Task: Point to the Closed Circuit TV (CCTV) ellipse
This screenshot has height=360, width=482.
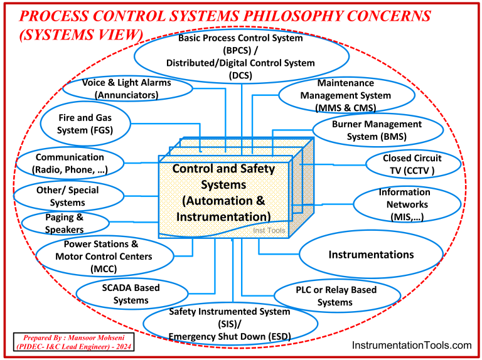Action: click(x=412, y=164)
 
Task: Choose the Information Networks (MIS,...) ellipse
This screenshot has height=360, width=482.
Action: click(x=404, y=204)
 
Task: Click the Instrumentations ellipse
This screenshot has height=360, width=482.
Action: click(x=371, y=255)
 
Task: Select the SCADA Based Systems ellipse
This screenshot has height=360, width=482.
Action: click(x=131, y=294)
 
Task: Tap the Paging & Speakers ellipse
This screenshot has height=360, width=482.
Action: click(x=64, y=223)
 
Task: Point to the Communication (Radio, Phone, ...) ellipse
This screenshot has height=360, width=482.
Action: click(x=69, y=163)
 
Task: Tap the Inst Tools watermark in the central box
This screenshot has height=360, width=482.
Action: click(x=269, y=231)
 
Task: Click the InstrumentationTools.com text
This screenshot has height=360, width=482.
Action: click(x=411, y=345)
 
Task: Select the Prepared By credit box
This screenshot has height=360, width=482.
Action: click(x=73, y=342)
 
